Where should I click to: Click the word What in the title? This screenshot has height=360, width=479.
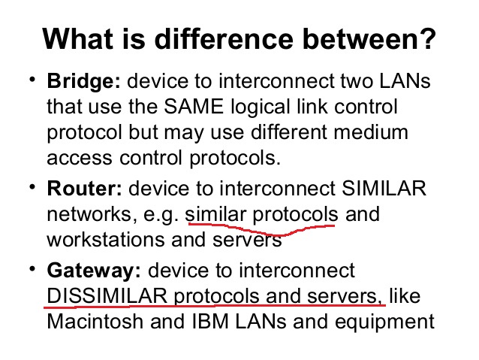click(77, 38)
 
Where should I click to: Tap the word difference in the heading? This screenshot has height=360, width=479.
click(224, 38)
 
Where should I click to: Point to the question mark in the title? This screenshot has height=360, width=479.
click(426, 38)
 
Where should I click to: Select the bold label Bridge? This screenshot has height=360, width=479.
click(83, 81)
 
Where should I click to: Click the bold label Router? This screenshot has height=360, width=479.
click(84, 189)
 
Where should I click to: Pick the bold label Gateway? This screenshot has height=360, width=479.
click(94, 271)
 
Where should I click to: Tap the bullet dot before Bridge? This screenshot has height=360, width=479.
click(32, 79)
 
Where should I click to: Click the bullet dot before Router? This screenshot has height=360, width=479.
click(32, 186)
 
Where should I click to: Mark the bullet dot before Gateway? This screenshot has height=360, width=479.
click(32, 269)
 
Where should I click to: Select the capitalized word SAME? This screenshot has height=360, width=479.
click(194, 107)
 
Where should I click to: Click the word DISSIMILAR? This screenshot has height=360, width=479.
click(107, 296)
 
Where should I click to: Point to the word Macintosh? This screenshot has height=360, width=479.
click(95, 322)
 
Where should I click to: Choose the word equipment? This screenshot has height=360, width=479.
click(384, 322)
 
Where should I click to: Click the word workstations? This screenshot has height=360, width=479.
click(106, 240)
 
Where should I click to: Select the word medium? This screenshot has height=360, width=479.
click(371, 132)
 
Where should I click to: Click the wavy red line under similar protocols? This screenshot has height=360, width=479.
click(263, 231)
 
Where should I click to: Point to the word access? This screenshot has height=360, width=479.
click(80, 159)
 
